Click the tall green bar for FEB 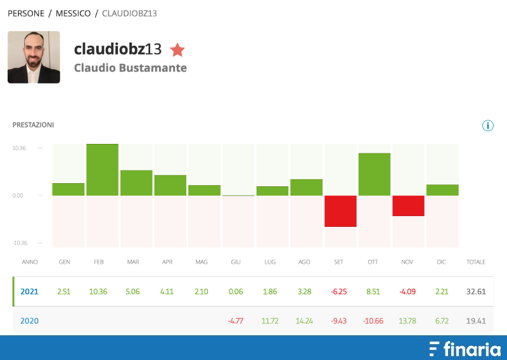(x=103, y=169)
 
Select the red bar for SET (x=341, y=211)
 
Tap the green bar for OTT (x=375, y=174)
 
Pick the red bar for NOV (x=408, y=206)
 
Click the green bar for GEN (x=68, y=189)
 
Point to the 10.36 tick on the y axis (x=19, y=148)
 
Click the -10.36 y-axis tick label (x=19, y=243)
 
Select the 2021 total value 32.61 (x=475, y=292)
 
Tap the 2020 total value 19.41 (x=475, y=321)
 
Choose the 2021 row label (x=29, y=292)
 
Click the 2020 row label (x=29, y=321)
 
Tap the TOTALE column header (x=475, y=261)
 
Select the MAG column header (x=202, y=261)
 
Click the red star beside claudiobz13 (x=177, y=49)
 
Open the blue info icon (x=488, y=125)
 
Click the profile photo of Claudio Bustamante (x=34, y=57)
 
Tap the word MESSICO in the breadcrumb (x=73, y=13)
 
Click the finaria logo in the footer (x=465, y=349)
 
